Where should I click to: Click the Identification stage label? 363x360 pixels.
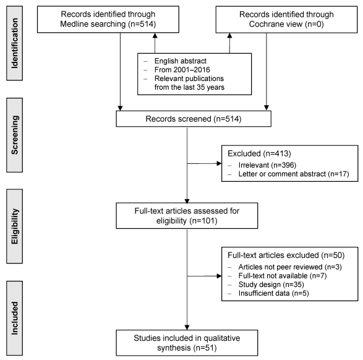tap(14, 43)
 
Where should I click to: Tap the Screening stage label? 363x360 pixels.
tap(14, 135)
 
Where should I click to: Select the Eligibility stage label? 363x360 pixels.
tap(14, 226)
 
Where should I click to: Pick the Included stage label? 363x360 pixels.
tap(14, 318)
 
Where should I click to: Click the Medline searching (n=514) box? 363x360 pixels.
tap(108, 19)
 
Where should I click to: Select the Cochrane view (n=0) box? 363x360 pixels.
tap(286, 19)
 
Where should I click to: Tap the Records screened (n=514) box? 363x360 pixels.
tap(194, 119)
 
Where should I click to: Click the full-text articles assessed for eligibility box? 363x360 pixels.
tap(187, 216)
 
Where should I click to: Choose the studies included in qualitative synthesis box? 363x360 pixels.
tap(187, 343)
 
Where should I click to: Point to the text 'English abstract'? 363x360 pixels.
tap(181, 61)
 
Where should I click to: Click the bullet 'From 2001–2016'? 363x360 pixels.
tap(182, 70)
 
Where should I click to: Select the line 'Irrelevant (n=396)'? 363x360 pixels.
tap(267, 165)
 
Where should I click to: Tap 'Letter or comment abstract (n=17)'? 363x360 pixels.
tap(294, 174)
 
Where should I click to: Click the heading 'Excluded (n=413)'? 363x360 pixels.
tap(259, 153)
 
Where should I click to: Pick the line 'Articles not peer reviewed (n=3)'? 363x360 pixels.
tap(290, 267)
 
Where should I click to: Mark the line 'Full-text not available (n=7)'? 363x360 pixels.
tap(283, 276)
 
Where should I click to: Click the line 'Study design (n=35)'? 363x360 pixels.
tap(271, 285)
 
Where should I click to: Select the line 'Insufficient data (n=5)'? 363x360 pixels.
tap(273, 293)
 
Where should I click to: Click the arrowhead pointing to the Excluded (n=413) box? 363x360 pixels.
tap(219, 163)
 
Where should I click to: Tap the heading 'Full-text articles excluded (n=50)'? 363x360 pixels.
tap(286, 255)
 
